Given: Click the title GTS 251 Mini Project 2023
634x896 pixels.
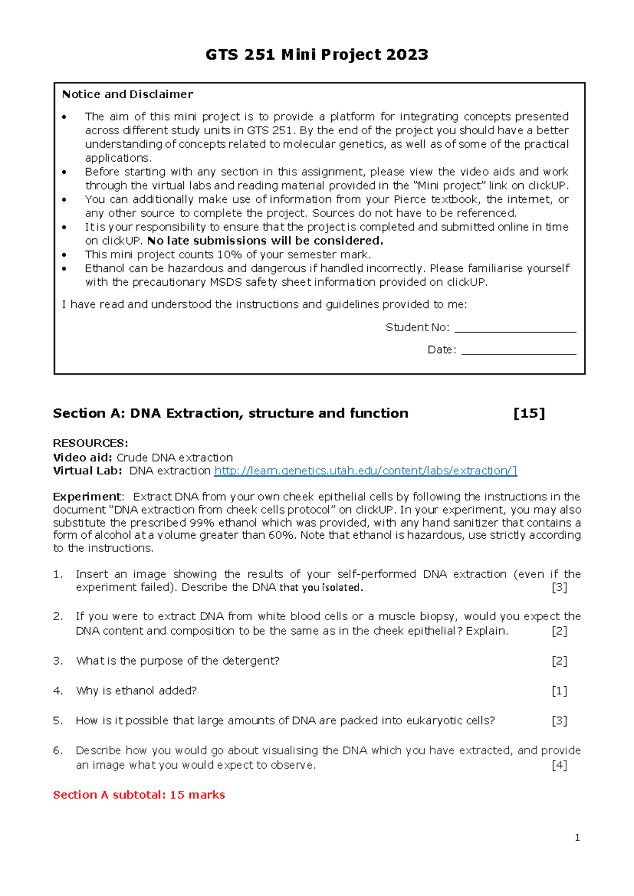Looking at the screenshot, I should click(316, 54).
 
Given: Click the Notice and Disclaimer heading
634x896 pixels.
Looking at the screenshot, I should click(127, 95).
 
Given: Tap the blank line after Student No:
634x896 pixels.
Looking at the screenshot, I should click(515, 329).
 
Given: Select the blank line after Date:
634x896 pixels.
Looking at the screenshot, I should click(518, 351).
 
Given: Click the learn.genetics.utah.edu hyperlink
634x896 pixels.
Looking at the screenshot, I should click(365, 471).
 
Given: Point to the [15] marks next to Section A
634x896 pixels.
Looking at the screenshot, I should click(529, 413).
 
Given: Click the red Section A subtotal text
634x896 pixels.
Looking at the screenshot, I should click(139, 795).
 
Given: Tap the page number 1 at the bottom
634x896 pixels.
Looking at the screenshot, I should click(577, 838).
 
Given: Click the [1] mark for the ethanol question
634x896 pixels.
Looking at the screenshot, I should click(559, 691).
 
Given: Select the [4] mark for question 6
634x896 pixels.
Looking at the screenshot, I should click(559, 766).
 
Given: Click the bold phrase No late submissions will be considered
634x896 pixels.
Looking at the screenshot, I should click(265, 241).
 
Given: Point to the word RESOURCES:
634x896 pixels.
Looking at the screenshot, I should click(90, 443).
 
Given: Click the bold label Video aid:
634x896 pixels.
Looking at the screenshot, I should click(82, 458).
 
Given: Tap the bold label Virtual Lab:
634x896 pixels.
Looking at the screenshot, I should click(87, 471).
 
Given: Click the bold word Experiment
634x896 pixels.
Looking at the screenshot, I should click(87, 497).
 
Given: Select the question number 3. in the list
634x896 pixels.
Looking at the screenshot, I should click(58, 661).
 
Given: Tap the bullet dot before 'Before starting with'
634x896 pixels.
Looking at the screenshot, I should click(64, 172).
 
